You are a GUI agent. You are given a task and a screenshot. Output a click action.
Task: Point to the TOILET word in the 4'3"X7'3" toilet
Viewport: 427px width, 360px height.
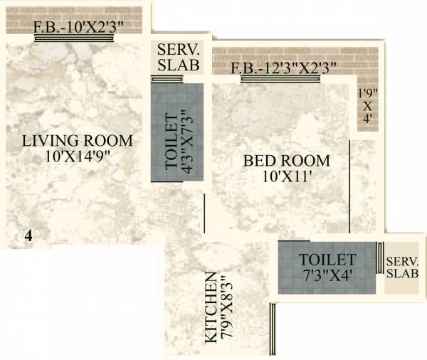point(171,140)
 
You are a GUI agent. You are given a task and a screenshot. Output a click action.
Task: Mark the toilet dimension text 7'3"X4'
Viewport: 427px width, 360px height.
point(327,274)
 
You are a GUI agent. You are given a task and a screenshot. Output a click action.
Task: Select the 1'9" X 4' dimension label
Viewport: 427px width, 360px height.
point(366,106)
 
